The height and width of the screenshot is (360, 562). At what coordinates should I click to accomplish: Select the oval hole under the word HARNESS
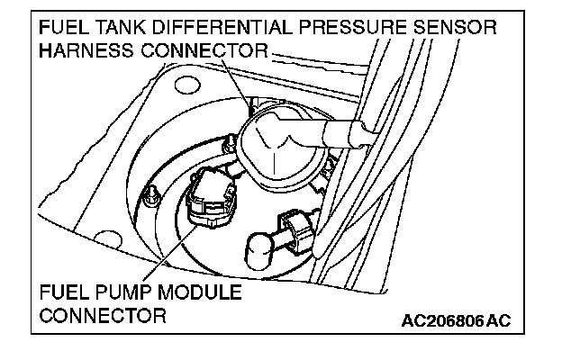[x=186, y=87]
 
